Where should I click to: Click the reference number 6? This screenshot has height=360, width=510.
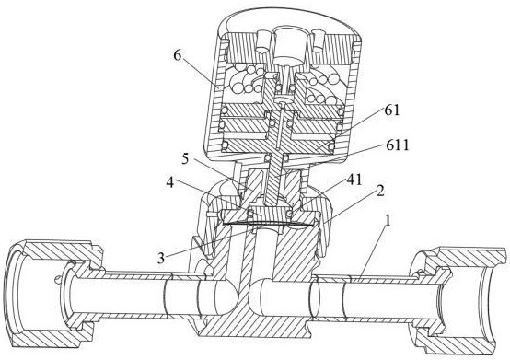(178, 55)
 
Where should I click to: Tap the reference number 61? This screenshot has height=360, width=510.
(391, 110)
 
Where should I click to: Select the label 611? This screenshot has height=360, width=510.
(398, 145)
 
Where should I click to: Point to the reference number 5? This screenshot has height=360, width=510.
(185, 159)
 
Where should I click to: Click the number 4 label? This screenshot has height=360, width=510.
(169, 183)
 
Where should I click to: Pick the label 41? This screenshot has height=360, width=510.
(354, 180)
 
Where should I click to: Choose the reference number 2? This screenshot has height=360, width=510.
(380, 191)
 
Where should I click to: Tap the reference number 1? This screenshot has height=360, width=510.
(388, 221)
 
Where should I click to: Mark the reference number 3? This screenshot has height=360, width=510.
(161, 259)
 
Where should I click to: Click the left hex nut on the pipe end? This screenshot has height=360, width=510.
(53, 294)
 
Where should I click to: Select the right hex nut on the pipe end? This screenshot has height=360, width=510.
(457, 301)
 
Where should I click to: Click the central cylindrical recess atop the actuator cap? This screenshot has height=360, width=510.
(289, 44)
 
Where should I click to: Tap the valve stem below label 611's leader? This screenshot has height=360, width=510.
(272, 182)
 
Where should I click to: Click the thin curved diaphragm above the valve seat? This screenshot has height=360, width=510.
(269, 224)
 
